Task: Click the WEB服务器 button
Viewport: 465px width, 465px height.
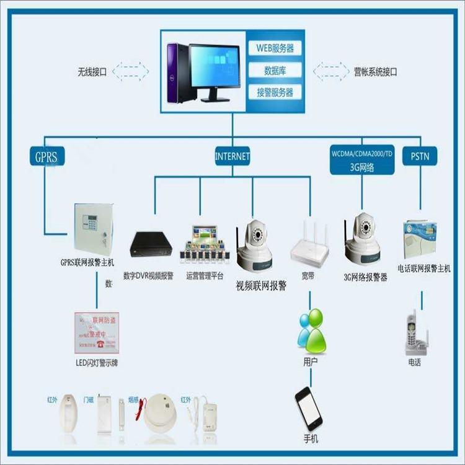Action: pyautogui.click(x=275, y=48)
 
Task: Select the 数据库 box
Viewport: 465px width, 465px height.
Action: pyautogui.click(x=275, y=70)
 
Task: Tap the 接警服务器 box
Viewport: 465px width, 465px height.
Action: pyautogui.click(x=275, y=93)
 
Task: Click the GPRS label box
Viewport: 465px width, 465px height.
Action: pyautogui.click(x=46, y=156)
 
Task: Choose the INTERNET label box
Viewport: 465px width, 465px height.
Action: pyautogui.click(x=232, y=156)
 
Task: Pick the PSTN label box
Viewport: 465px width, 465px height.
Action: pyautogui.click(x=420, y=156)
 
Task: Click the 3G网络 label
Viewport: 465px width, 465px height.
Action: pyautogui.click(x=362, y=166)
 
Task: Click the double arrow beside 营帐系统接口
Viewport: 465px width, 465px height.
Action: pyautogui.click(x=332, y=71)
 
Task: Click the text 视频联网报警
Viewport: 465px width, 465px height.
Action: pyautogui.click(x=260, y=286)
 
